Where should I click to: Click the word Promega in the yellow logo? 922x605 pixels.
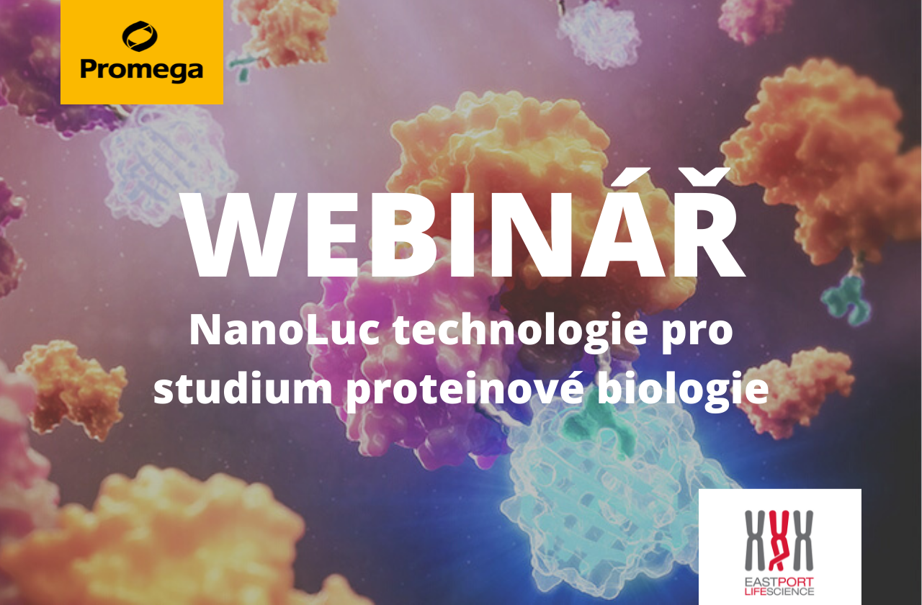(x=142, y=69)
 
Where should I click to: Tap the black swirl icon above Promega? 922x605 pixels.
(x=140, y=36)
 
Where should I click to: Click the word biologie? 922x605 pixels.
(x=683, y=390)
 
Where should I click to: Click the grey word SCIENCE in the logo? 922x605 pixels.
(x=789, y=591)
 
